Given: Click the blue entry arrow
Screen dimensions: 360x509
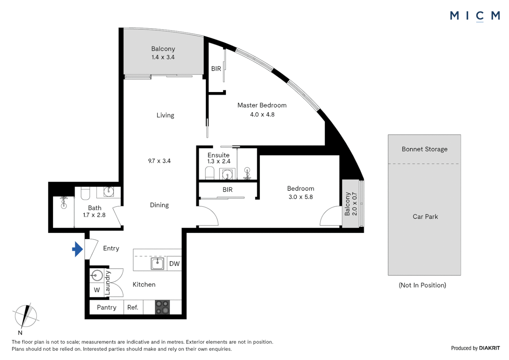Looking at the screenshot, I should click(78, 249).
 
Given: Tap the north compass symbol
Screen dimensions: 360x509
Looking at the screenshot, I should click(26, 316).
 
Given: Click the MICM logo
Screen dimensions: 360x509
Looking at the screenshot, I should click(475, 16).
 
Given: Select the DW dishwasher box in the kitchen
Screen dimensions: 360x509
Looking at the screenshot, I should click(174, 264).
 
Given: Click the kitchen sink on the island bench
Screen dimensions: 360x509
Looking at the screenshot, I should click(157, 264).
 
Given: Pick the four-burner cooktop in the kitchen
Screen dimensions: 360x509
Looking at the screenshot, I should click(162, 307).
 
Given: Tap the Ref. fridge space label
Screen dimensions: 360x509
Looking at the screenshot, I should click(133, 307).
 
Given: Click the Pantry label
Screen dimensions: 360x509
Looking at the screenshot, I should click(107, 307).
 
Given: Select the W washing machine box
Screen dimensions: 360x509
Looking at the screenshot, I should click(97, 290).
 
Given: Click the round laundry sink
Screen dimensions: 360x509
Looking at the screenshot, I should click(97, 275).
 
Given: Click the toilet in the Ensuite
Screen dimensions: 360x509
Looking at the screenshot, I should click(210, 173).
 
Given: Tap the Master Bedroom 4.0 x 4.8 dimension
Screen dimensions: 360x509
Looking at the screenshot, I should click(262, 114).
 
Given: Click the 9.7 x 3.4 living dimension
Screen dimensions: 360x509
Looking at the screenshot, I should click(159, 161).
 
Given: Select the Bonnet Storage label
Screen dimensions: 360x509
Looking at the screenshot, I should click(424, 149).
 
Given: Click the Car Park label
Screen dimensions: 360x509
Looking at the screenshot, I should click(425, 217).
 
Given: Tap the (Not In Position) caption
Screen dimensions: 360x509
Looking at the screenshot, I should click(422, 285).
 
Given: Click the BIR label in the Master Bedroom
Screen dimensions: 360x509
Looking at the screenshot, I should click(216, 69).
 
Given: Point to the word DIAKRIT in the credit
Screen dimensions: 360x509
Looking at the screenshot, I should click(489, 348).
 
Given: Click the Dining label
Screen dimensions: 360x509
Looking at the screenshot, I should click(159, 205).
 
